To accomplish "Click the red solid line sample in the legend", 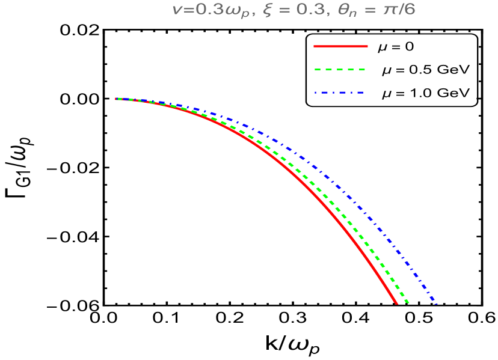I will (340, 46).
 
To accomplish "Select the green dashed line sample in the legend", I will (340, 70).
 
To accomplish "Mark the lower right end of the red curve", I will (396, 304).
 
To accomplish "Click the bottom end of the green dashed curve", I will (408, 302).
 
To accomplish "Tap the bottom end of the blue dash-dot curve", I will (435, 304).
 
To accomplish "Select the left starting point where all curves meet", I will (117, 99).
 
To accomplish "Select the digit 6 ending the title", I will (410, 10).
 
